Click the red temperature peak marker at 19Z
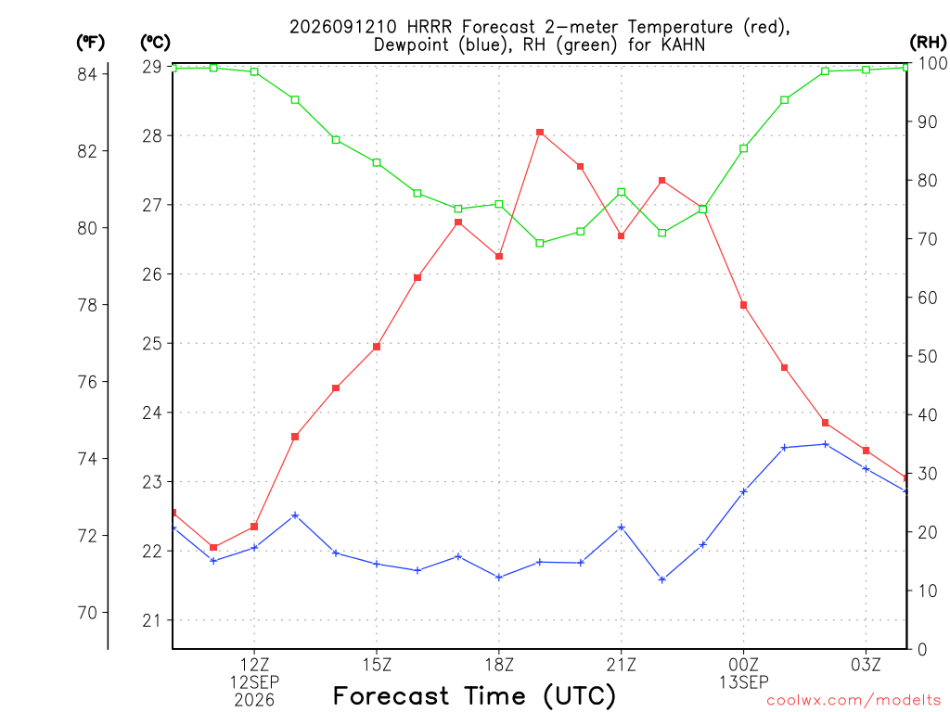540,133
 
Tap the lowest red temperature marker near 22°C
213,547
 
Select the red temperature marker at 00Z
743,305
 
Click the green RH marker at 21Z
621,192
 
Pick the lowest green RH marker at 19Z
540,244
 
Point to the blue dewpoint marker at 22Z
662,579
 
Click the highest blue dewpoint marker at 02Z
825,444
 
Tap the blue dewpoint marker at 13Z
295,515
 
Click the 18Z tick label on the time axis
499,665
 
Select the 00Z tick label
743,665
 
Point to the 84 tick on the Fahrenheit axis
87,74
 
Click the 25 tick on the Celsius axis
153,343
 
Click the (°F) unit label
90,43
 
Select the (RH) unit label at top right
928,42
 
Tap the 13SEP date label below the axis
743,682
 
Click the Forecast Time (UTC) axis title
474,695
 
